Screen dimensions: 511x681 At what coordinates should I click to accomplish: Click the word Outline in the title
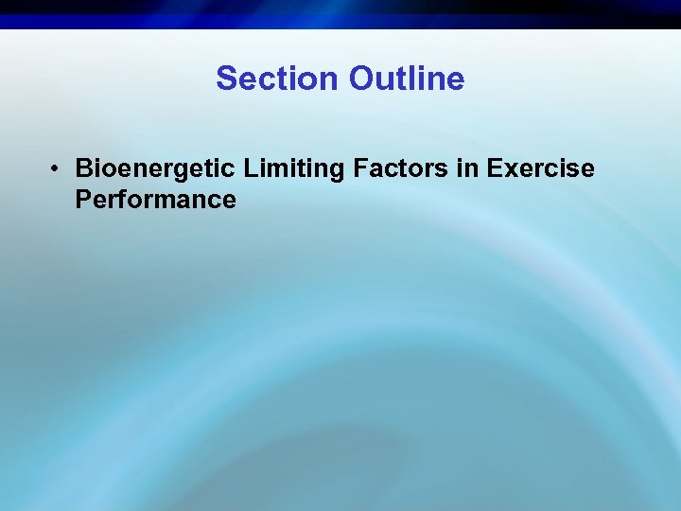click(x=407, y=79)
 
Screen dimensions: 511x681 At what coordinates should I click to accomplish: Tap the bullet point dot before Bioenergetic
click(x=58, y=169)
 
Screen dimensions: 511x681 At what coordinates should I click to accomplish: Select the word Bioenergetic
click(x=155, y=169)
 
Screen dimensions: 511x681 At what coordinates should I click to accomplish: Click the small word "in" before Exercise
click(x=470, y=169)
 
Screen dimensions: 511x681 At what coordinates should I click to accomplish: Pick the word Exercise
click(x=541, y=169)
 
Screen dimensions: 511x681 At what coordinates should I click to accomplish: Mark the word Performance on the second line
click(x=155, y=200)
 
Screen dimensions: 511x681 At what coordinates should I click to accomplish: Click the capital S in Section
click(x=226, y=79)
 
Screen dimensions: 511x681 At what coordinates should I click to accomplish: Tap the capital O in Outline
click(x=361, y=79)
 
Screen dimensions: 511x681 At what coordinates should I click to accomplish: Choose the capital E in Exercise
click(x=495, y=169)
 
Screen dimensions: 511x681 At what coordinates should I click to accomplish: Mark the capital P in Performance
click(x=83, y=200)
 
